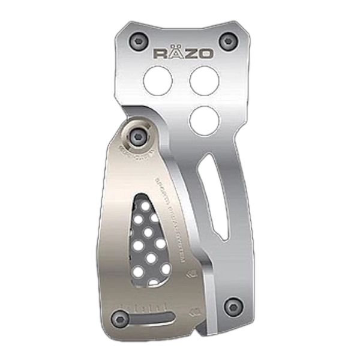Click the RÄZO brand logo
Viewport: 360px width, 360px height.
[183, 53]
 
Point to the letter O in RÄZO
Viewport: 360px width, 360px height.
[205, 53]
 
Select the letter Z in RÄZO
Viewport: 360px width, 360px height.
[190, 53]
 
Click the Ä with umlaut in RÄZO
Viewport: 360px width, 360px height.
[175, 53]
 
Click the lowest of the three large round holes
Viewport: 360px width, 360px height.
[204, 119]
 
